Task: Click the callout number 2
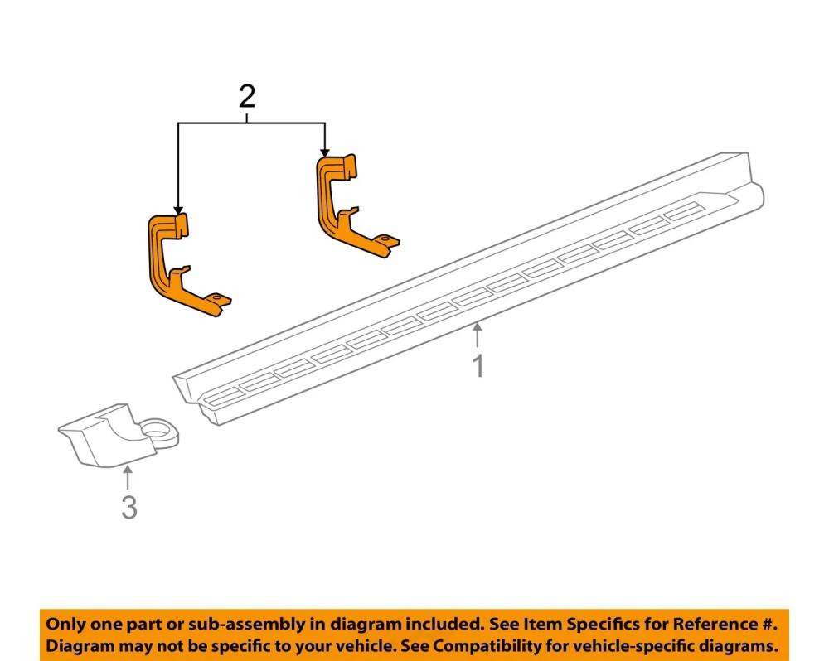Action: pyautogui.click(x=246, y=98)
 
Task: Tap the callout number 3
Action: pyautogui.click(x=128, y=506)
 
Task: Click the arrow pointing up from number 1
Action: pyautogui.click(x=478, y=335)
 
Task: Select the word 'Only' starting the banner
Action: pyautogui.click(x=65, y=623)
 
